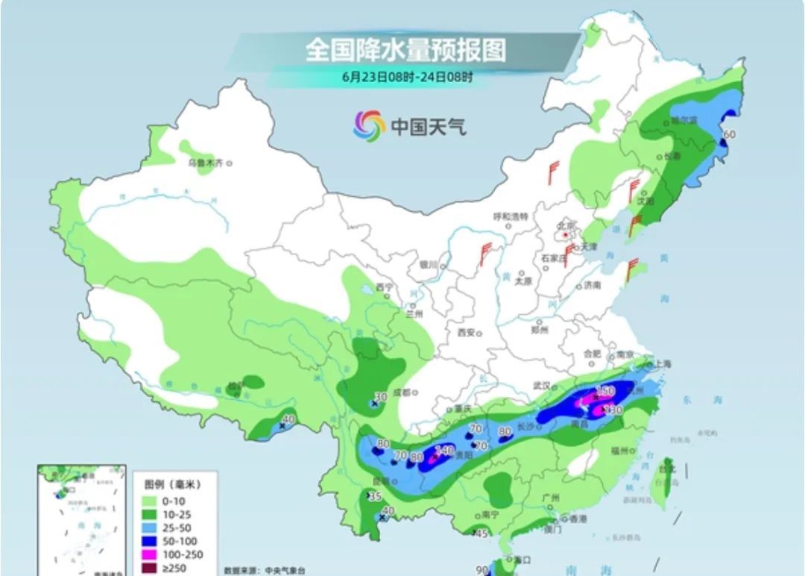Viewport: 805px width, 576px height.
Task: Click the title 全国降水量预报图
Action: pos(405,51)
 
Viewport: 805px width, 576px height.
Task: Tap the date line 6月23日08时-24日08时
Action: pos(407,76)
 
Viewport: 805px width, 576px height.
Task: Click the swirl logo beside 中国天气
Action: pos(369,125)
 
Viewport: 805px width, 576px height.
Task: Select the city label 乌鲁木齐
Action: pos(205,163)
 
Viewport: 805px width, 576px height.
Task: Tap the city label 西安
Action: pos(466,333)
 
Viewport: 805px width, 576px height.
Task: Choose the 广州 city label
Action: pos(552,498)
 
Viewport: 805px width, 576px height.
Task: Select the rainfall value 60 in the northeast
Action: pos(730,134)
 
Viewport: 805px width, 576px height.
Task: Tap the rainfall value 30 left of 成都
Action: pos(380,396)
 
